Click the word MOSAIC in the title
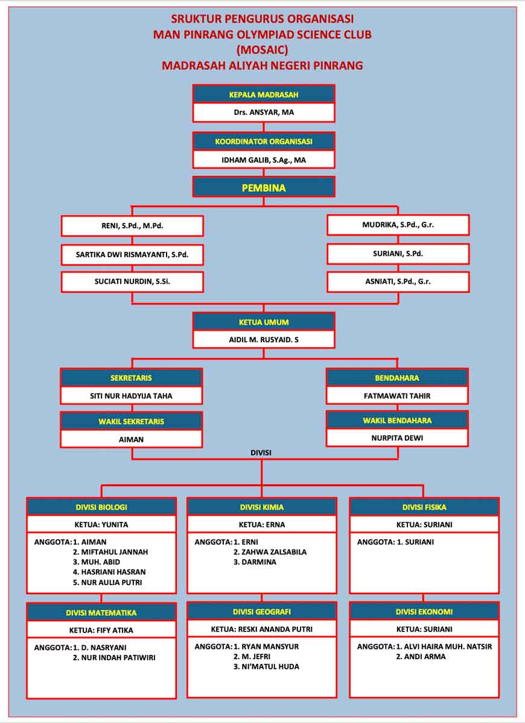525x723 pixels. coord(262,49)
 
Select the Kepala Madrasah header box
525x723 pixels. coord(264,94)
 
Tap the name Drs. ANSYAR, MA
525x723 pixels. coord(264,112)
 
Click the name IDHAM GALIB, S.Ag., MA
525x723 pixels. coord(264,160)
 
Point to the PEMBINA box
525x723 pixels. coord(264,187)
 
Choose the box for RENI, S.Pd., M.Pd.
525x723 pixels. coord(132,226)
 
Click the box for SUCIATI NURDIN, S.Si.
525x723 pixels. coord(132,282)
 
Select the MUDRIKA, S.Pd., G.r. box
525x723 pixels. coord(398,225)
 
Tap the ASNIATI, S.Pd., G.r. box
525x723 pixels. coord(398,282)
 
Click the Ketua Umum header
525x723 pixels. coord(264,322)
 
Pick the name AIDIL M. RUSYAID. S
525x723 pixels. coord(264,340)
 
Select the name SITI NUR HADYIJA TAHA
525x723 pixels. coord(132,396)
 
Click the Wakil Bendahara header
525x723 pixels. coord(397,421)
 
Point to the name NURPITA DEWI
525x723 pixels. coord(397,438)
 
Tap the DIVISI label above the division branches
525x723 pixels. coord(261,452)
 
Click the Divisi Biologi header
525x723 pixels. coord(101,507)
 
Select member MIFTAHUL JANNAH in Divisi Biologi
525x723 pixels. coord(110,552)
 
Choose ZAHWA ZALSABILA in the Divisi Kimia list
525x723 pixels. coord(270,552)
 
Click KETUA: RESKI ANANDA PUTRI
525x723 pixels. coord(262,630)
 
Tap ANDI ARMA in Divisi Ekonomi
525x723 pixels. coord(421,657)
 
